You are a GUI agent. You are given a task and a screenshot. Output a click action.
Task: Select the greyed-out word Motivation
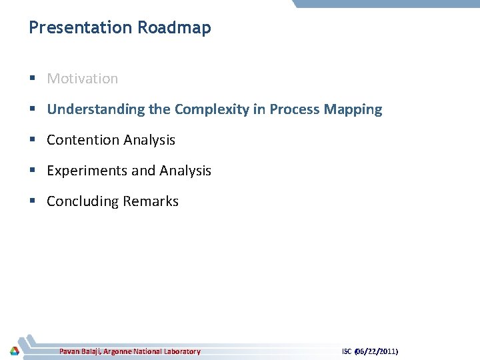tap(82, 79)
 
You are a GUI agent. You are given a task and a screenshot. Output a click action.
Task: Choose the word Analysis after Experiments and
tap(183, 171)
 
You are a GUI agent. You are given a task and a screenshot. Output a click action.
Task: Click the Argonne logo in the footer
tap(14, 351)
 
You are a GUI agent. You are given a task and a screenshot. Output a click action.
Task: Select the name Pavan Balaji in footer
tap(79, 351)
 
